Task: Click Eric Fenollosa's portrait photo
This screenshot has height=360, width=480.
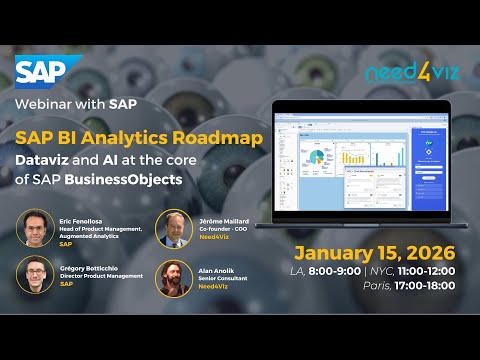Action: point(38,228)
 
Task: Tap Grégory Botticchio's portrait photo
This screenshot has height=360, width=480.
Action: point(38,275)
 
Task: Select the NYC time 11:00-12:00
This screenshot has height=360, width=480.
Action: point(431,270)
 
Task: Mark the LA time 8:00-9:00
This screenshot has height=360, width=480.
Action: point(351,270)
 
